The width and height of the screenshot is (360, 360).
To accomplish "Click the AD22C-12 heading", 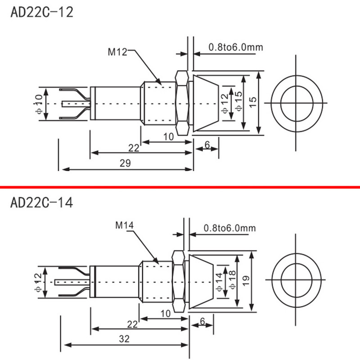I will click(41, 12).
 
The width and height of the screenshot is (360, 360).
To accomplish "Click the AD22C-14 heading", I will click(41, 202).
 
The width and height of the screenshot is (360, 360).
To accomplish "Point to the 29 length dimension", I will click(126, 164).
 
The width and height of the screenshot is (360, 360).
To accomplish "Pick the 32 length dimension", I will click(126, 339).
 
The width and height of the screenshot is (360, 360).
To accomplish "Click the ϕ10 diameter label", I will click(39, 104).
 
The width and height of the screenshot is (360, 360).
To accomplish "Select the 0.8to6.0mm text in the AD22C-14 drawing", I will click(229, 228).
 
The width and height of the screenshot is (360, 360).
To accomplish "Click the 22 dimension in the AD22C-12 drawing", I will click(134, 148).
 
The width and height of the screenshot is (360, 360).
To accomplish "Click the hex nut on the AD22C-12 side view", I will click(182, 103).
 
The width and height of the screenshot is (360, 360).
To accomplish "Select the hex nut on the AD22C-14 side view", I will click(179, 281).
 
